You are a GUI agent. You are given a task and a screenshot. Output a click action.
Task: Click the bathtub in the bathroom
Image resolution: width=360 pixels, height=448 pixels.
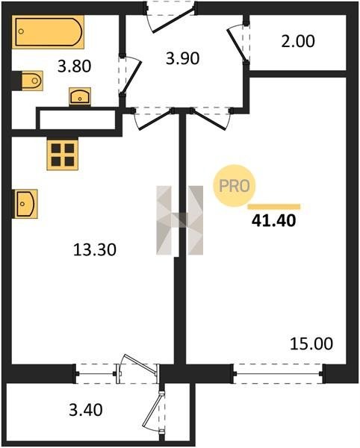tap(48, 32)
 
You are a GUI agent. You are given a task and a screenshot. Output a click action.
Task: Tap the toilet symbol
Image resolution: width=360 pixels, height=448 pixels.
tap(32, 81)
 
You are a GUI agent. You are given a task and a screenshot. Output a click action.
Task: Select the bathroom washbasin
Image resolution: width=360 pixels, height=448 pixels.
tap(80, 96)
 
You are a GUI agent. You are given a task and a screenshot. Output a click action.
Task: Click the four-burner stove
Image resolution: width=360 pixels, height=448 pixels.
tap(63, 155)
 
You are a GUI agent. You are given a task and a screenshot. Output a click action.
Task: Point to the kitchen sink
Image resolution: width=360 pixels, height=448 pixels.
tap(25, 204)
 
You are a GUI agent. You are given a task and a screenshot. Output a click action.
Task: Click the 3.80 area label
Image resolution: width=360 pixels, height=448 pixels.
tap(74, 66)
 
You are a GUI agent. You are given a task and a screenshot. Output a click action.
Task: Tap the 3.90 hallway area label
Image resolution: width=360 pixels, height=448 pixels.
tap(182, 58)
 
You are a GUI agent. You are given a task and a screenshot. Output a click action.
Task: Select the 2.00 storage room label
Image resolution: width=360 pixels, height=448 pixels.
tap(298, 41)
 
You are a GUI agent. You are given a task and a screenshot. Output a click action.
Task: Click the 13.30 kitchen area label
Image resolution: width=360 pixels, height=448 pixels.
tap(95, 249)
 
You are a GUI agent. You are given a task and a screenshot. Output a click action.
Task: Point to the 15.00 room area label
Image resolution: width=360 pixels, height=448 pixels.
tap(311, 343)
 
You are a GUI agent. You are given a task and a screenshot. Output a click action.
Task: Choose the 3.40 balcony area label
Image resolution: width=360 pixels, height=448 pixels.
tap(86, 410)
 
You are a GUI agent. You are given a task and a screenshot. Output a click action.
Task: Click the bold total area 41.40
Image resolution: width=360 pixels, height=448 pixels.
tap(273, 220)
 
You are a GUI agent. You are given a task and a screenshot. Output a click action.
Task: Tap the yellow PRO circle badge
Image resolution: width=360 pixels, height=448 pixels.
tap(235, 186)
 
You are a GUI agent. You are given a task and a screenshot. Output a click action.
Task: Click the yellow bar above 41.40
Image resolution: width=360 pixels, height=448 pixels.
tap(274, 207)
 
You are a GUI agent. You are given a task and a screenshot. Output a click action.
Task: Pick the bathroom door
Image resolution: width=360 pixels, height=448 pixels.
tap(131, 76)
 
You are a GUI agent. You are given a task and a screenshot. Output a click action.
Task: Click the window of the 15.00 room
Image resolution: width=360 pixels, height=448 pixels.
tap(279, 373)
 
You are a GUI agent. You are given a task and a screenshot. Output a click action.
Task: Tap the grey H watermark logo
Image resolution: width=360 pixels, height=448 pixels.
tap(180, 220)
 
